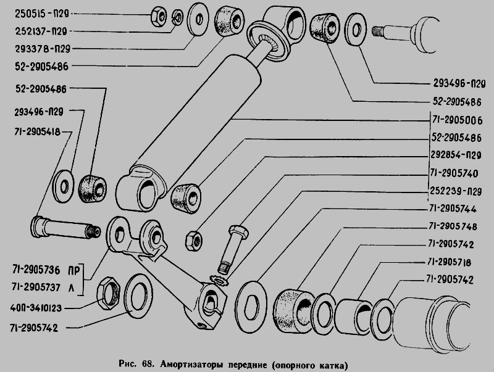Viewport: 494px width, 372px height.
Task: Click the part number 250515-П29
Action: (41, 14)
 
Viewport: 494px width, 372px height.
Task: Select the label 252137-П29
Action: (41, 31)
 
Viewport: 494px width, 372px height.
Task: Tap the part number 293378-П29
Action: (43, 49)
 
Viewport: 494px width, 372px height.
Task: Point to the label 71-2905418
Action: (37, 132)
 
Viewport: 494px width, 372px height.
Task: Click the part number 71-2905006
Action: (457, 120)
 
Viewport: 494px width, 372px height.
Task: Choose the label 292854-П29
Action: (456, 155)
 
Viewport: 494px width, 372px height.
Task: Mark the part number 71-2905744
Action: (453, 209)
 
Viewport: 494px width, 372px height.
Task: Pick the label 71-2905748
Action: (453, 226)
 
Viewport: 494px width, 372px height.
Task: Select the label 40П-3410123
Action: (36, 308)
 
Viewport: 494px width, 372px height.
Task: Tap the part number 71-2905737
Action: (36, 287)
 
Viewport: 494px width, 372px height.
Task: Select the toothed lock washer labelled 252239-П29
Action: (219, 280)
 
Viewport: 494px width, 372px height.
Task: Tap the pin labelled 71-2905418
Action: (65, 228)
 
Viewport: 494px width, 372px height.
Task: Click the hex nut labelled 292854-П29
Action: (194, 241)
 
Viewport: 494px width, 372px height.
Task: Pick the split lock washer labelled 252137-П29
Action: (178, 17)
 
